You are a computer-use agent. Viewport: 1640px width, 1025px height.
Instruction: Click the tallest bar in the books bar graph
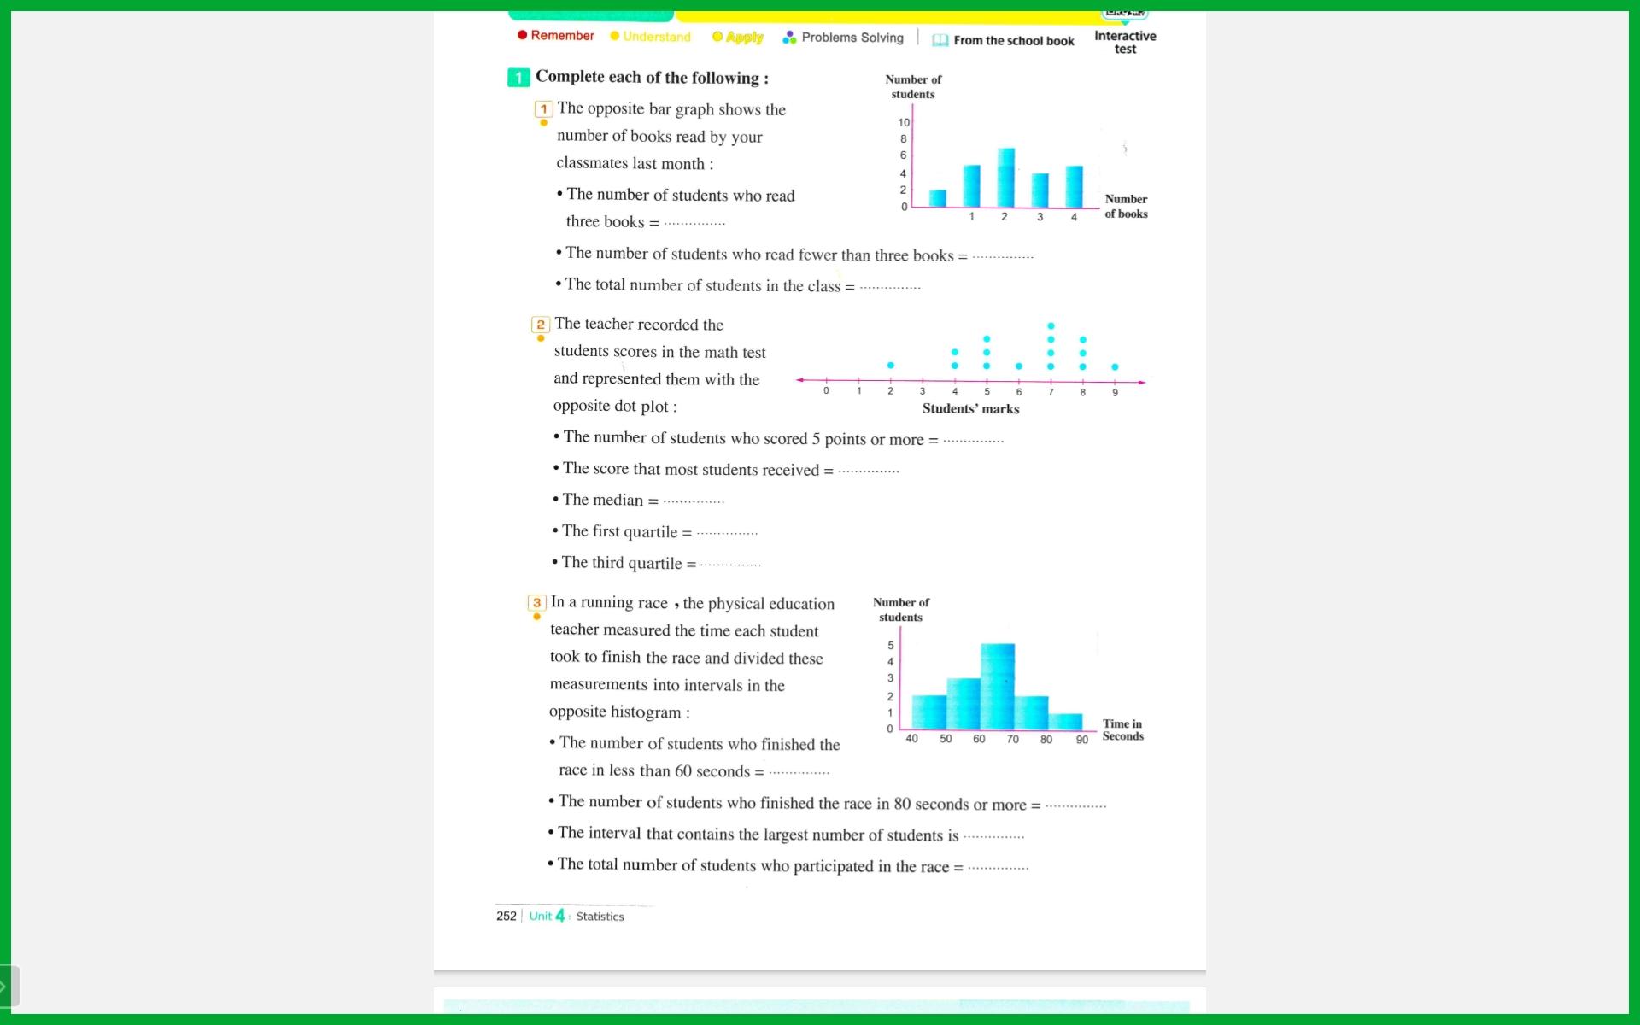pyautogui.click(x=1005, y=178)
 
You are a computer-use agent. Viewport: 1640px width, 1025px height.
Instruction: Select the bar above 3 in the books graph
pyautogui.click(x=1040, y=190)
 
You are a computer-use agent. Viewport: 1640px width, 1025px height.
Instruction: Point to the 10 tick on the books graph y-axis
pyautogui.click(x=904, y=123)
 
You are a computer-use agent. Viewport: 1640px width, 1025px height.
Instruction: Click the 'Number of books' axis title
pyautogui.click(x=1126, y=207)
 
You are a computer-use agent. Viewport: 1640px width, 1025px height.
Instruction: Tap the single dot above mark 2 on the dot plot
pyautogui.click(x=890, y=366)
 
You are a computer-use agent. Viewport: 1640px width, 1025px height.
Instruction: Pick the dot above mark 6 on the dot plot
pyautogui.click(x=1018, y=366)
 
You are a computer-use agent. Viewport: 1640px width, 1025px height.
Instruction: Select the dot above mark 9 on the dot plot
pyautogui.click(x=1115, y=367)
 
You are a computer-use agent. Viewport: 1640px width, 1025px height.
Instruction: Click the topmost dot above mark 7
pyautogui.click(x=1051, y=326)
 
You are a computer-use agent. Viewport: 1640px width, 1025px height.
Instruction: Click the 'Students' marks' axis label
pyautogui.click(x=970, y=409)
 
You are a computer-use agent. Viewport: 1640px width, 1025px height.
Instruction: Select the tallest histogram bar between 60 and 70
pyautogui.click(x=997, y=687)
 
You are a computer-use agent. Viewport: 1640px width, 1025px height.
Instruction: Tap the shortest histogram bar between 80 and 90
pyautogui.click(x=1065, y=722)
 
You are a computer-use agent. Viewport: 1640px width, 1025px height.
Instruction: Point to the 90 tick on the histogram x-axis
pyautogui.click(x=1081, y=740)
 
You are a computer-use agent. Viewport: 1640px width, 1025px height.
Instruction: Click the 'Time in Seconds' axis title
pyautogui.click(x=1122, y=730)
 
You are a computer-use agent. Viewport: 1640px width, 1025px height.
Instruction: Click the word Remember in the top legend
pyautogui.click(x=562, y=36)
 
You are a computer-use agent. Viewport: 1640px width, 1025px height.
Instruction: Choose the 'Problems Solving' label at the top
pyautogui.click(x=852, y=38)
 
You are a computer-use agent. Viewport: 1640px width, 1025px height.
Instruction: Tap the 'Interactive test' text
pyautogui.click(x=1125, y=43)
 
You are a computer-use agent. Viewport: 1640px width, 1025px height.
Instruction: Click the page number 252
pyautogui.click(x=507, y=916)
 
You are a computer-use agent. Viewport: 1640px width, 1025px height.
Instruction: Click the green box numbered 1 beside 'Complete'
pyautogui.click(x=518, y=78)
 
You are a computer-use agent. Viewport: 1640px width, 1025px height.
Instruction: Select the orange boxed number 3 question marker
pyautogui.click(x=536, y=603)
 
